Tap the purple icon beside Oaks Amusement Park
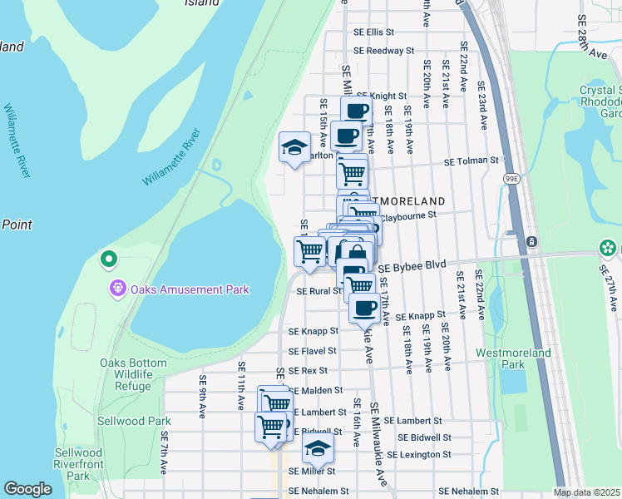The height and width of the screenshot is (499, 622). pos(118,289)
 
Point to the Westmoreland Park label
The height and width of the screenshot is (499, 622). pos(512,358)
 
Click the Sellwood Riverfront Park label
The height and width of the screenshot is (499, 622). pos(78,465)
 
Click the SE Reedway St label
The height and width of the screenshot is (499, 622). pos(383,51)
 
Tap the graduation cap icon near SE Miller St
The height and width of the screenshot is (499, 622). pos(317,448)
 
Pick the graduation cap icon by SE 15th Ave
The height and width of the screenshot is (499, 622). pos(294,147)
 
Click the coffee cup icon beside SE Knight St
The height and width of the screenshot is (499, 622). pos(356,111)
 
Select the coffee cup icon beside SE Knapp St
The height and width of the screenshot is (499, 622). pos(363,309)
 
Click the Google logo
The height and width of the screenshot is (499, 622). pos(27,489)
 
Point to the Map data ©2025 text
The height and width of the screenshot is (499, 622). pos(585,492)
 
